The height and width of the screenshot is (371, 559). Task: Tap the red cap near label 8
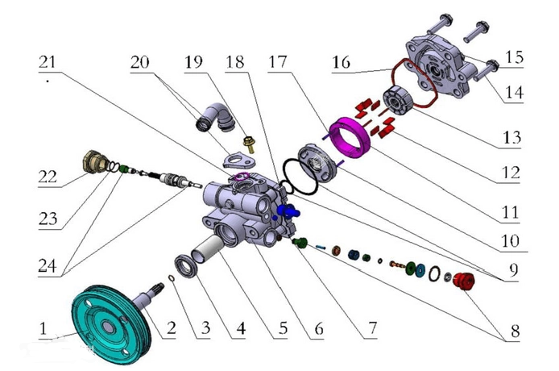[462, 282]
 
